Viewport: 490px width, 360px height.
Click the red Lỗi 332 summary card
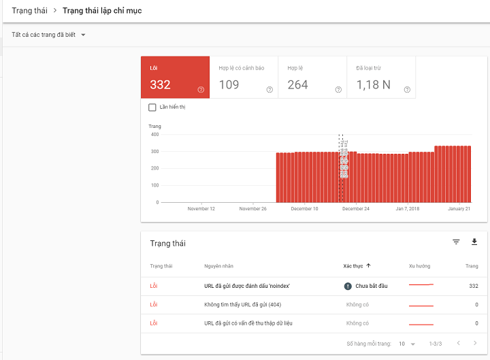[175, 78]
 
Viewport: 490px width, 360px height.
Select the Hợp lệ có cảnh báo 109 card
[244, 78]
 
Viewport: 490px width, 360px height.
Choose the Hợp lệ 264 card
[312, 78]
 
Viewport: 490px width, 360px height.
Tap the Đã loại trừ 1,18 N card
[381, 78]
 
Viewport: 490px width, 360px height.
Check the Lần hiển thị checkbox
[152, 107]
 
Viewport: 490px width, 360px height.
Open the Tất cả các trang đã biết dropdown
[48, 35]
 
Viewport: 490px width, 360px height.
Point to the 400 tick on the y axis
[154, 134]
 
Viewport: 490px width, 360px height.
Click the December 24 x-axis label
[356, 209]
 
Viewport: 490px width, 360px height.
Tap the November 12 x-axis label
[201, 209]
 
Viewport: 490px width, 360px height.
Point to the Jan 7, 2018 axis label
[408, 209]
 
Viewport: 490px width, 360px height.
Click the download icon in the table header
[474, 242]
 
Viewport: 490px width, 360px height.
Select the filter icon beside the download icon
[456, 242]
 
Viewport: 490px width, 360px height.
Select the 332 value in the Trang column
[474, 286]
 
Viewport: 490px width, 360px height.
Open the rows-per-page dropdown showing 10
[407, 344]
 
